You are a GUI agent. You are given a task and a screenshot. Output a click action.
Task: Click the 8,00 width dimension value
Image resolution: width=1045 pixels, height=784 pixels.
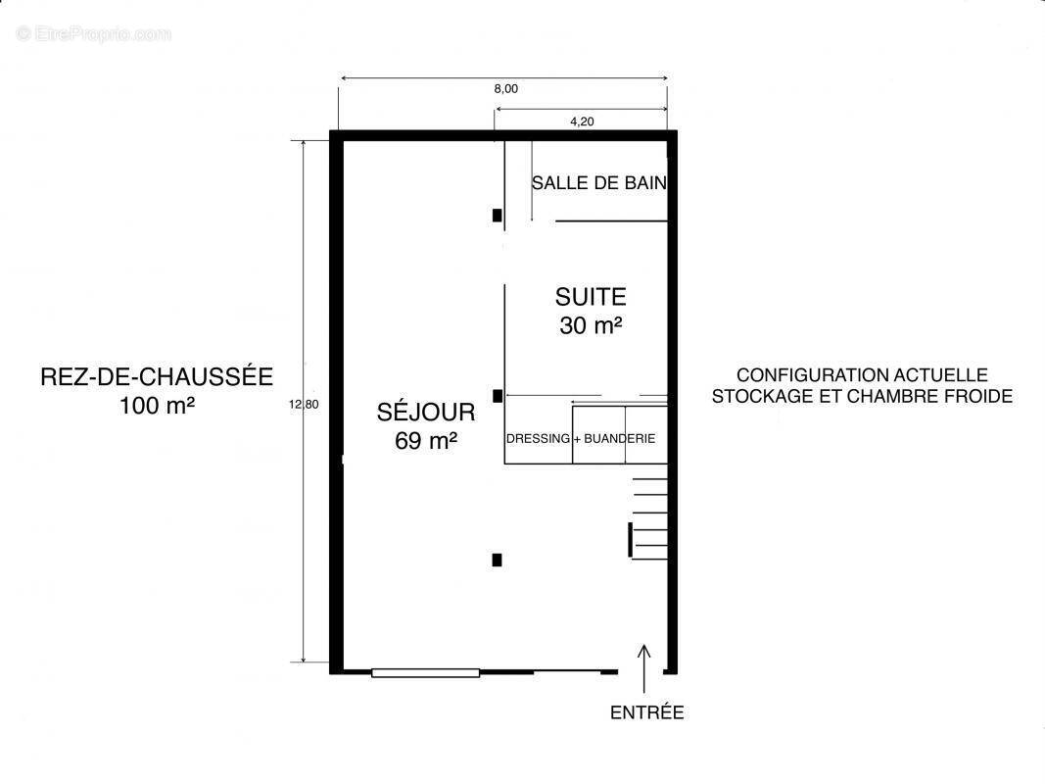(505, 88)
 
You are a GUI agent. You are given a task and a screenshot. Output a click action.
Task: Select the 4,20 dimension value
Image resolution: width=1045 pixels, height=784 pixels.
(582, 122)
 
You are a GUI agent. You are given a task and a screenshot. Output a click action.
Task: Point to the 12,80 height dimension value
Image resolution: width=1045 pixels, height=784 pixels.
(304, 404)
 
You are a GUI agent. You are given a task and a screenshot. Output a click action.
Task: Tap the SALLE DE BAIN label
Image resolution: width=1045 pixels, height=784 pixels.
(599, 182)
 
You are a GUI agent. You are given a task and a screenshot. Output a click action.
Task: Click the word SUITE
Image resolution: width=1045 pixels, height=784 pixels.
(591, 297)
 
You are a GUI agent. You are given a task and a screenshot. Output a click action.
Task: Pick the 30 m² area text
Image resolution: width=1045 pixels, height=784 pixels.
(592, 325)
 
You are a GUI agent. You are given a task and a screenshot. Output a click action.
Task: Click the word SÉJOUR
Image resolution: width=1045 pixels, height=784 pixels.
(426, 411)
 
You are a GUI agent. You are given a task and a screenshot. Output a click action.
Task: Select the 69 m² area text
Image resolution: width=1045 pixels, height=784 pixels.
(426, 441)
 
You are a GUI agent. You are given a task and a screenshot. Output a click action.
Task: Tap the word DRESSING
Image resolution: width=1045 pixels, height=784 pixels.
(538, 439)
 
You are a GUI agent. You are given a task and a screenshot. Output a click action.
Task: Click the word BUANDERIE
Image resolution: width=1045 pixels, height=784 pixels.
(620, 439)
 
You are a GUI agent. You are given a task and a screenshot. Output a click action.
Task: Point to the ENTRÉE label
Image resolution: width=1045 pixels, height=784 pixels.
(647, 712)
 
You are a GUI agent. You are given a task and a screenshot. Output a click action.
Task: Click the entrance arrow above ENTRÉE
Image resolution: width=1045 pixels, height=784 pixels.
(643, 668)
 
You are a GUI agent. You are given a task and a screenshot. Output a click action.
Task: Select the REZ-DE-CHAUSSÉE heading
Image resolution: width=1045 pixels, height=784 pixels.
(157, 376)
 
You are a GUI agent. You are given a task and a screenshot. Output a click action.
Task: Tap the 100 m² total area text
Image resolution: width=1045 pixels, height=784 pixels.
(158, 406)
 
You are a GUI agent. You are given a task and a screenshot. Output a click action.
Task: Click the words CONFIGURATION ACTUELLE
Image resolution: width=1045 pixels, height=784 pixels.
(863, 374)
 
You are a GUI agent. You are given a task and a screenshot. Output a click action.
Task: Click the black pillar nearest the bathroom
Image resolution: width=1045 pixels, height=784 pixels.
(498, 216)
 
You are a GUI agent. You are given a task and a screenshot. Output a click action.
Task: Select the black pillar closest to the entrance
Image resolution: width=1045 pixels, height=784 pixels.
(498, 560)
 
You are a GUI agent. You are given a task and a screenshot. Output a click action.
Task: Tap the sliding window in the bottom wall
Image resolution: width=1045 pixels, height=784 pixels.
(425, 672)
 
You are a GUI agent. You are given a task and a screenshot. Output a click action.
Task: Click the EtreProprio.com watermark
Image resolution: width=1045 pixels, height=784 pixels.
(94, 33)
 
